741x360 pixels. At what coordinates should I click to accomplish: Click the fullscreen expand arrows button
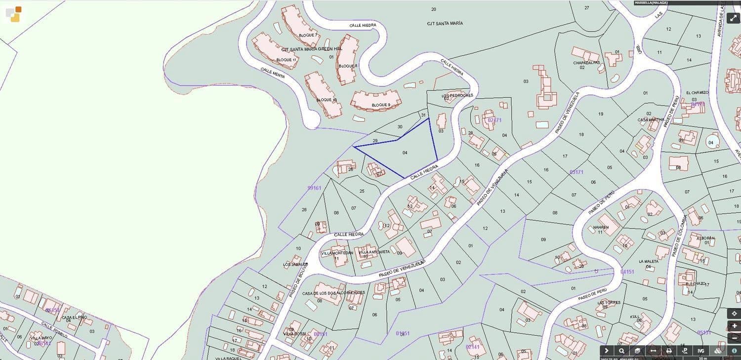734,18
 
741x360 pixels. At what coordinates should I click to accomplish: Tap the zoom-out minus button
734,338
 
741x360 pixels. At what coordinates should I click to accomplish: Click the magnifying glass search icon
621,351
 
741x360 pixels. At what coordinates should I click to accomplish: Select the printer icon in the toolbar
669,351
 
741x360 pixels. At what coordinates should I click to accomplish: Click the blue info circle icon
734,351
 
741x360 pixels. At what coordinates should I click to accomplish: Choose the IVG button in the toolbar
701,351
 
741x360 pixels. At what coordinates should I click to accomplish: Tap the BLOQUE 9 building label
381,105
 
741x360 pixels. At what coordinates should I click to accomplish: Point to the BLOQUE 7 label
308,36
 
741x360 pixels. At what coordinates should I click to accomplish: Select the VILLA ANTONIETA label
374,252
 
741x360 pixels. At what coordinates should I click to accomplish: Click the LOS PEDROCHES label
457,95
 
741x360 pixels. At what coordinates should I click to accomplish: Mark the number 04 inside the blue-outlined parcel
405,153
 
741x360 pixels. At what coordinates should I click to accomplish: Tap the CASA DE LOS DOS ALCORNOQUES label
333,293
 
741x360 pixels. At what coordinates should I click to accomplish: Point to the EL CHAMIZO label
697,93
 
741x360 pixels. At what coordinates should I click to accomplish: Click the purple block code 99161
314,188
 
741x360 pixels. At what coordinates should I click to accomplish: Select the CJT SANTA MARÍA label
445,23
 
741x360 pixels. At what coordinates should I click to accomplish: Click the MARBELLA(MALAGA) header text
652,3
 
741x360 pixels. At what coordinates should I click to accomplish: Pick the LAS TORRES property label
608,303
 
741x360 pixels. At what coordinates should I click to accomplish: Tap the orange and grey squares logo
13,14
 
